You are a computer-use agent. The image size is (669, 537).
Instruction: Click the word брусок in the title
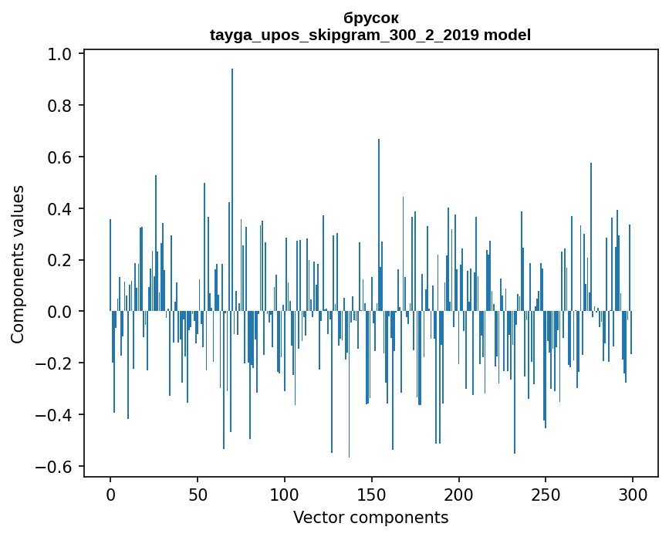click(x=370, y=17)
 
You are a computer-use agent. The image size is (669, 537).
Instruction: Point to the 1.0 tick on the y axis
click(x=61, y=54)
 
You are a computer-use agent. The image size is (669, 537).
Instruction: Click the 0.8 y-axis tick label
click(x=61, y=106)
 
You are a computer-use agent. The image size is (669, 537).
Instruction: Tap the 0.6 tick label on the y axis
click(x=61, y=157)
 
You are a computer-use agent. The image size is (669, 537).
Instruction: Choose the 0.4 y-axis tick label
click(x=61, y=209)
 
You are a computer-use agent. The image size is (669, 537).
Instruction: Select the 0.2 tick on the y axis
click(x=61, y=260)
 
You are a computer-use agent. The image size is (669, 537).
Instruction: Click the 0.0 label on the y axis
click(x=61, y=312)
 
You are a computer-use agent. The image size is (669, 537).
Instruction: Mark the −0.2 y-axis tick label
click(x=56, y=363)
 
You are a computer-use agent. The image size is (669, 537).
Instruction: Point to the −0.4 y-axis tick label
click(x=56, y=415)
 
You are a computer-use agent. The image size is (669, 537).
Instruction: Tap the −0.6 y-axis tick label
click(x=56, y=467)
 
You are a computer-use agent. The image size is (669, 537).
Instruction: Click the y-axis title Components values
click(x=18, y=264)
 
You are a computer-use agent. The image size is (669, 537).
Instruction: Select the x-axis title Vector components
click(x=370, y=517)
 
